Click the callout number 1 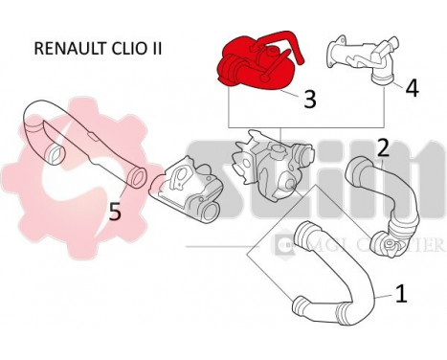coord(401,292)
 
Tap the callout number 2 coord(382,147)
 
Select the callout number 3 coord(310,98)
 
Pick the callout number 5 coord(114,211)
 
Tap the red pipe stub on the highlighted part coord(283,42)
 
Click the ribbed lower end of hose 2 coord(389,229)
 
